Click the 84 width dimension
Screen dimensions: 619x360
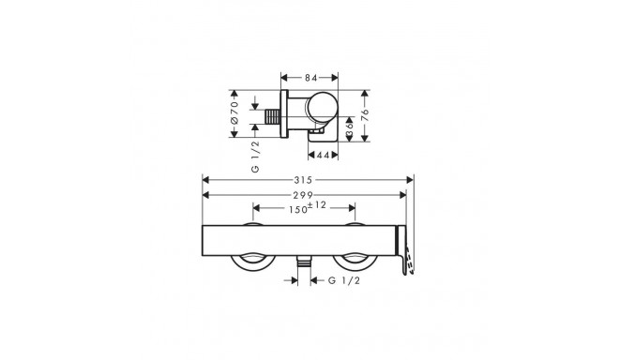pos(310,78)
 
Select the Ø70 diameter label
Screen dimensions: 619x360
pos(234,113)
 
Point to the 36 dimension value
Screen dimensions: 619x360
pos(350,128)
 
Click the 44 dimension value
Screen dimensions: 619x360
pos(323,155)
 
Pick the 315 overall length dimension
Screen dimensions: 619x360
pos(303,180)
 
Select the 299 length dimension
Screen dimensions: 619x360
pos(303,195)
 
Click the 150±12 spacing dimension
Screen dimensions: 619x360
pos(307,207)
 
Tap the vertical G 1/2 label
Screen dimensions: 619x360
pos(256,157)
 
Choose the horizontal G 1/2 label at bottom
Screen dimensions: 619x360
pos(344,280)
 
